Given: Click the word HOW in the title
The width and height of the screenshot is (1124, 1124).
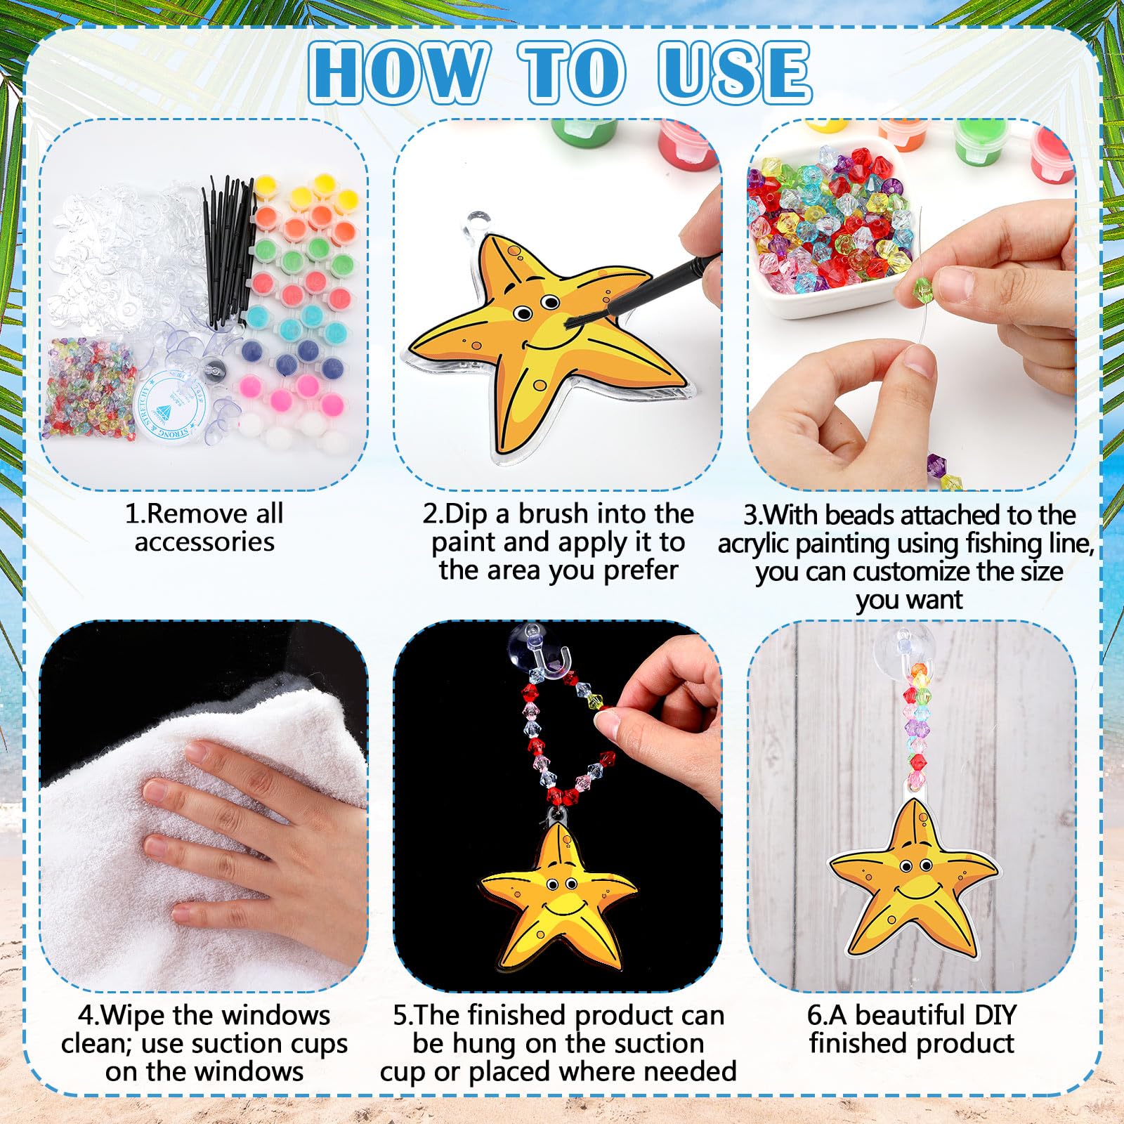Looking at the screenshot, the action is [x=398, y=72].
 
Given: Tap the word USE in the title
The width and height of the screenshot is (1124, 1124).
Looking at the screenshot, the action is [x=735, y=72].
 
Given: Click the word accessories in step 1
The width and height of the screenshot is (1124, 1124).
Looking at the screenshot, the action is [x=204, y=542].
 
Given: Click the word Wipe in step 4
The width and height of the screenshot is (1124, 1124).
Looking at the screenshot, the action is [x=133, y=1016].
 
